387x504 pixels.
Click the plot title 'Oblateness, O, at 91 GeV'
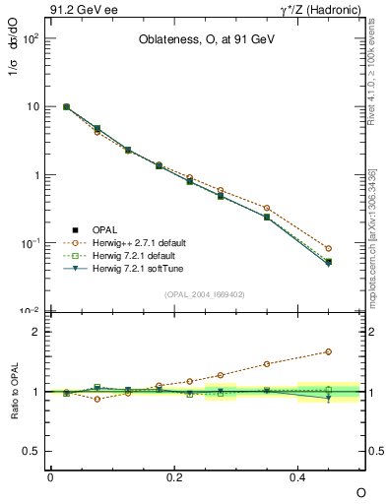click(x=206, y=41)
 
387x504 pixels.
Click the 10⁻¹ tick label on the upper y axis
click(x=29, y=243)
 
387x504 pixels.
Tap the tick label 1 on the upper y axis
click(x=35, y=175)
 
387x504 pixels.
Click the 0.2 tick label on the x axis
click(x=174, y=476)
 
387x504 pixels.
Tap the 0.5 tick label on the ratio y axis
click(x=31, y=451)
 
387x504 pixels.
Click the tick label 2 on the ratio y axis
click(x=35, y=332)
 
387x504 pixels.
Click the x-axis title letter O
click(x=360, y=492)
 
